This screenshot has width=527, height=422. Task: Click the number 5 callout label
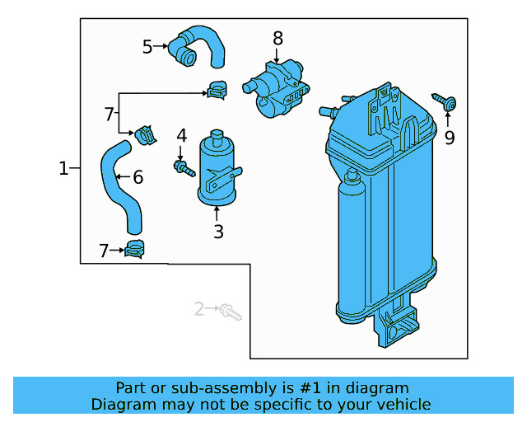(147, 47)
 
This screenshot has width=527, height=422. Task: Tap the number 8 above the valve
(277, 38)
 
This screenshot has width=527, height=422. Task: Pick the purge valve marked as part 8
(276, 86)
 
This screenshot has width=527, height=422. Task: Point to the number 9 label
(450, 138)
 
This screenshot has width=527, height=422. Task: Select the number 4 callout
(181, 135)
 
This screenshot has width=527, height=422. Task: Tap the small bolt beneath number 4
(182, 168)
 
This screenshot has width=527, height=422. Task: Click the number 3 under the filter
(218, 232)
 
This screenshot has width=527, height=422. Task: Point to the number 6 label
(138, 176)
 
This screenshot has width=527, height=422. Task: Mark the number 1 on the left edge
(64, 169)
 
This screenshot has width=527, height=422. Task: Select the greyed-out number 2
(198, 309)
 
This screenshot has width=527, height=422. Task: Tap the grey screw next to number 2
(230, 312)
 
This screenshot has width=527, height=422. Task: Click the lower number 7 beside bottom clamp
(104, 251)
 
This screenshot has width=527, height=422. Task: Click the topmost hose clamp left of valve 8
(217, 89)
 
